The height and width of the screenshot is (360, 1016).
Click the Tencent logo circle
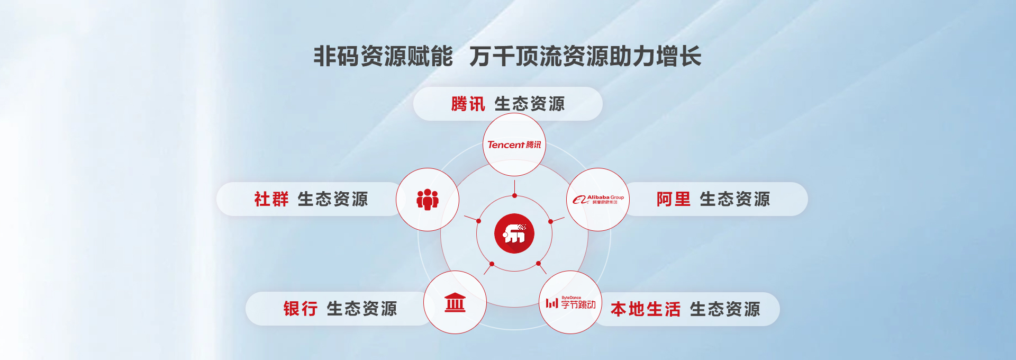coord(514,145)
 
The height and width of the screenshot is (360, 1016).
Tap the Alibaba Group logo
coord(598,200)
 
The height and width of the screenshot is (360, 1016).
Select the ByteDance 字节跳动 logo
coord(570,303)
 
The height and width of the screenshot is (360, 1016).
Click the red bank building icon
coord(455,302)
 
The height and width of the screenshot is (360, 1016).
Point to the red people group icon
coord(428,200)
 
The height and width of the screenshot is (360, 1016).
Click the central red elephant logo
coord(514,233)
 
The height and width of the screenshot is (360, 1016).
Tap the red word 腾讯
coord(468,104)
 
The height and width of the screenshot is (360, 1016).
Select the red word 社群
coord(271,199)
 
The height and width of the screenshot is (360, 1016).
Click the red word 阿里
coord(673,199)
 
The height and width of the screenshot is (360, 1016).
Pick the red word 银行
coord(300,309)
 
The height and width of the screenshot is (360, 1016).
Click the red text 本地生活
coord(646,309)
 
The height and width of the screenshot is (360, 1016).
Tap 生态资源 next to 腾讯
coord(530,104)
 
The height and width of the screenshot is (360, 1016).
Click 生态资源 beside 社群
coord(333,199)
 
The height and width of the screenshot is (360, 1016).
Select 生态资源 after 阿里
coord(735,199)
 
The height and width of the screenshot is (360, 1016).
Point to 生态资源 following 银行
coord(362,309)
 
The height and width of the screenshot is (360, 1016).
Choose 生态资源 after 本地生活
coord(725,309)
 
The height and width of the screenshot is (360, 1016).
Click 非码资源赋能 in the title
coord(383,56)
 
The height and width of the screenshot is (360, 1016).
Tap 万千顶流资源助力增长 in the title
coord(585,56)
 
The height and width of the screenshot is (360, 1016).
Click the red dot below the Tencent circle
coord(514,196)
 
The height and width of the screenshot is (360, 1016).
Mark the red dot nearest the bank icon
coord(492,264)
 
